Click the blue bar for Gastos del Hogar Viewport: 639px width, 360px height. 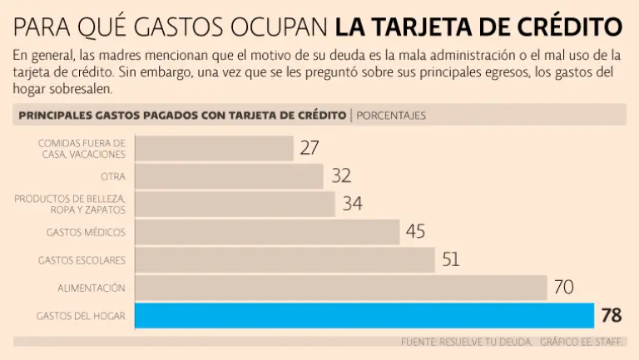tap(364, 316)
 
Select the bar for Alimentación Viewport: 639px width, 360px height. tap(340, 288)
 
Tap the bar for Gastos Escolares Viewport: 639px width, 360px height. tap(284, 259)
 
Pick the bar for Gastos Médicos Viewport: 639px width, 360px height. tap(266, 232)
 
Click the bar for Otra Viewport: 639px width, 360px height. tap(228, 176)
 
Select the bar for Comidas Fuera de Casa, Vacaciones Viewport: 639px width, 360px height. tap(214, 148)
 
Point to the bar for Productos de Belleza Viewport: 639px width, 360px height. tap(234, 204)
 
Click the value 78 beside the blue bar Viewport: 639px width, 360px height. tap(612, 316)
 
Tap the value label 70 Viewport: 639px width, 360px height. tap(564, 288)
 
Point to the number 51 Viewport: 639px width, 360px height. tap(451, 259)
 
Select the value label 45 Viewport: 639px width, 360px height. tap(416, 232)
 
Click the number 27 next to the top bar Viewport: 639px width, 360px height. tap(310, 148)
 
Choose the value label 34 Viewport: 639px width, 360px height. tap(352, 204)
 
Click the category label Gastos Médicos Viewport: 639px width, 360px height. tap(86, 232)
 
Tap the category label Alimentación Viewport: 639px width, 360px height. tap(92, 288)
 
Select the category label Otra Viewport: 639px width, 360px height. tap(112, 176)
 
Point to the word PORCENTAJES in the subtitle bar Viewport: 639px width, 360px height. tap(391, 116)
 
